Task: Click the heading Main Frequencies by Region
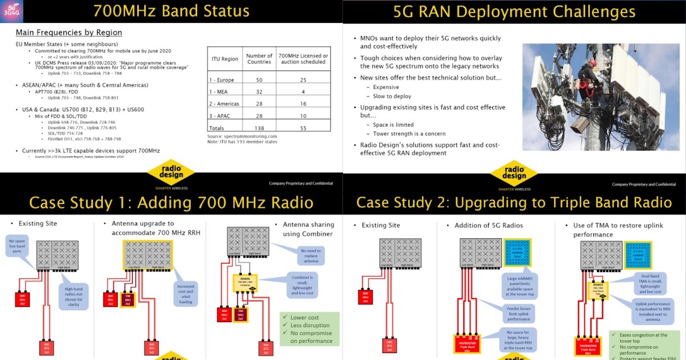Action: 69,33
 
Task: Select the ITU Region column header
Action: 225,59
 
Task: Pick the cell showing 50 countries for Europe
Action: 259,80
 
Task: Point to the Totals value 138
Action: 259,128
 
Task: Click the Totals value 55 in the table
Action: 303,128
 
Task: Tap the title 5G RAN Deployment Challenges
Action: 514,12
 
